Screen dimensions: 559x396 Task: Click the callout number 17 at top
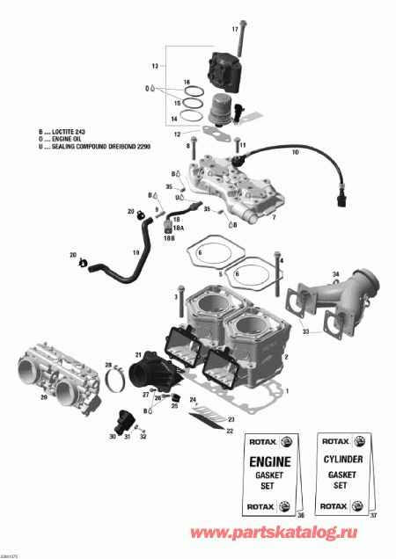point(235,29)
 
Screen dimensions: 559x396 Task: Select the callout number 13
point(155,67)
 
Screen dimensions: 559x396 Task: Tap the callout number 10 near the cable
point(295,153)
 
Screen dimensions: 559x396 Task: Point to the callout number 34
point(335,277)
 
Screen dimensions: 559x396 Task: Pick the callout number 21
point(137,354)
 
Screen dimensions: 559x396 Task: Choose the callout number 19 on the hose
point(136,253)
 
